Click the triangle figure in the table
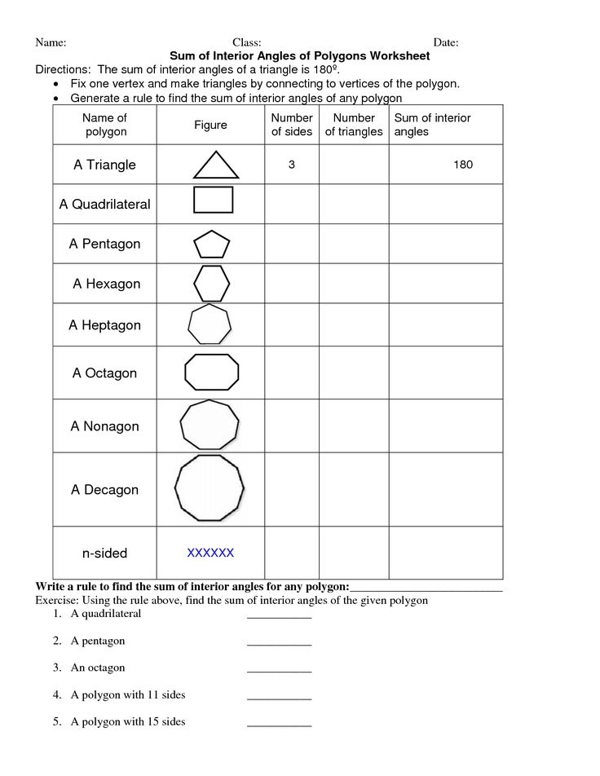pos(216,165)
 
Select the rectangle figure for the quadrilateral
pos(213,200)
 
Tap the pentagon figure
pos(212,245)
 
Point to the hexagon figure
pos(212,284)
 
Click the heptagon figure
pos(210,324)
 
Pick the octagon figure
pos(212,373)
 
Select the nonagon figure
pos(210,425)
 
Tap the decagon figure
pos(210,488)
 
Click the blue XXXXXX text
pos(210,553)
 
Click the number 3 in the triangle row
pos(291,165)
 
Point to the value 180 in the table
pos(463,165)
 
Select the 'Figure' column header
pos(210,125)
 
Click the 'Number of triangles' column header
pos(354,125)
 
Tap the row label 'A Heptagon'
pos(105,325)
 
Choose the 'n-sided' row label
pos(105,553)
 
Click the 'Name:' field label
pos(51,42)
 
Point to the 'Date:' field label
pos(445,42)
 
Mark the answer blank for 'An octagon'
pos(279,671)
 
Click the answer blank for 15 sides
pos(279,725)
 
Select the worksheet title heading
pos(299,56)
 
